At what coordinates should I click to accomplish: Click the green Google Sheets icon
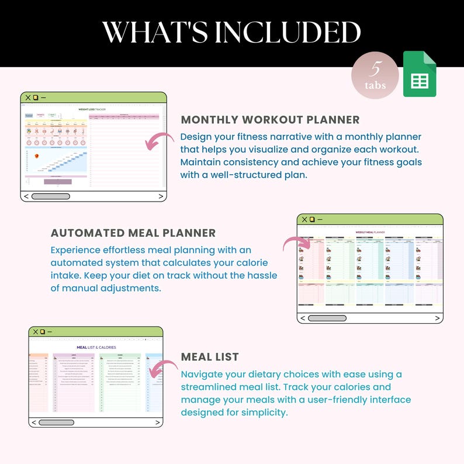420,74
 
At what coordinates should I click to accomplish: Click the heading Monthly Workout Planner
270,120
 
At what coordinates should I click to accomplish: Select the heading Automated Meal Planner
133,233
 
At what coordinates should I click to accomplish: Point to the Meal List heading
210,356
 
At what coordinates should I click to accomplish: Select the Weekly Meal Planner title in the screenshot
370,232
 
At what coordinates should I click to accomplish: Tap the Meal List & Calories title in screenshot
96,347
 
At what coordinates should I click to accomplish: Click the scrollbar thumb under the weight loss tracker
51,196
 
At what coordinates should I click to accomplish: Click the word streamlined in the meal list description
207,387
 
